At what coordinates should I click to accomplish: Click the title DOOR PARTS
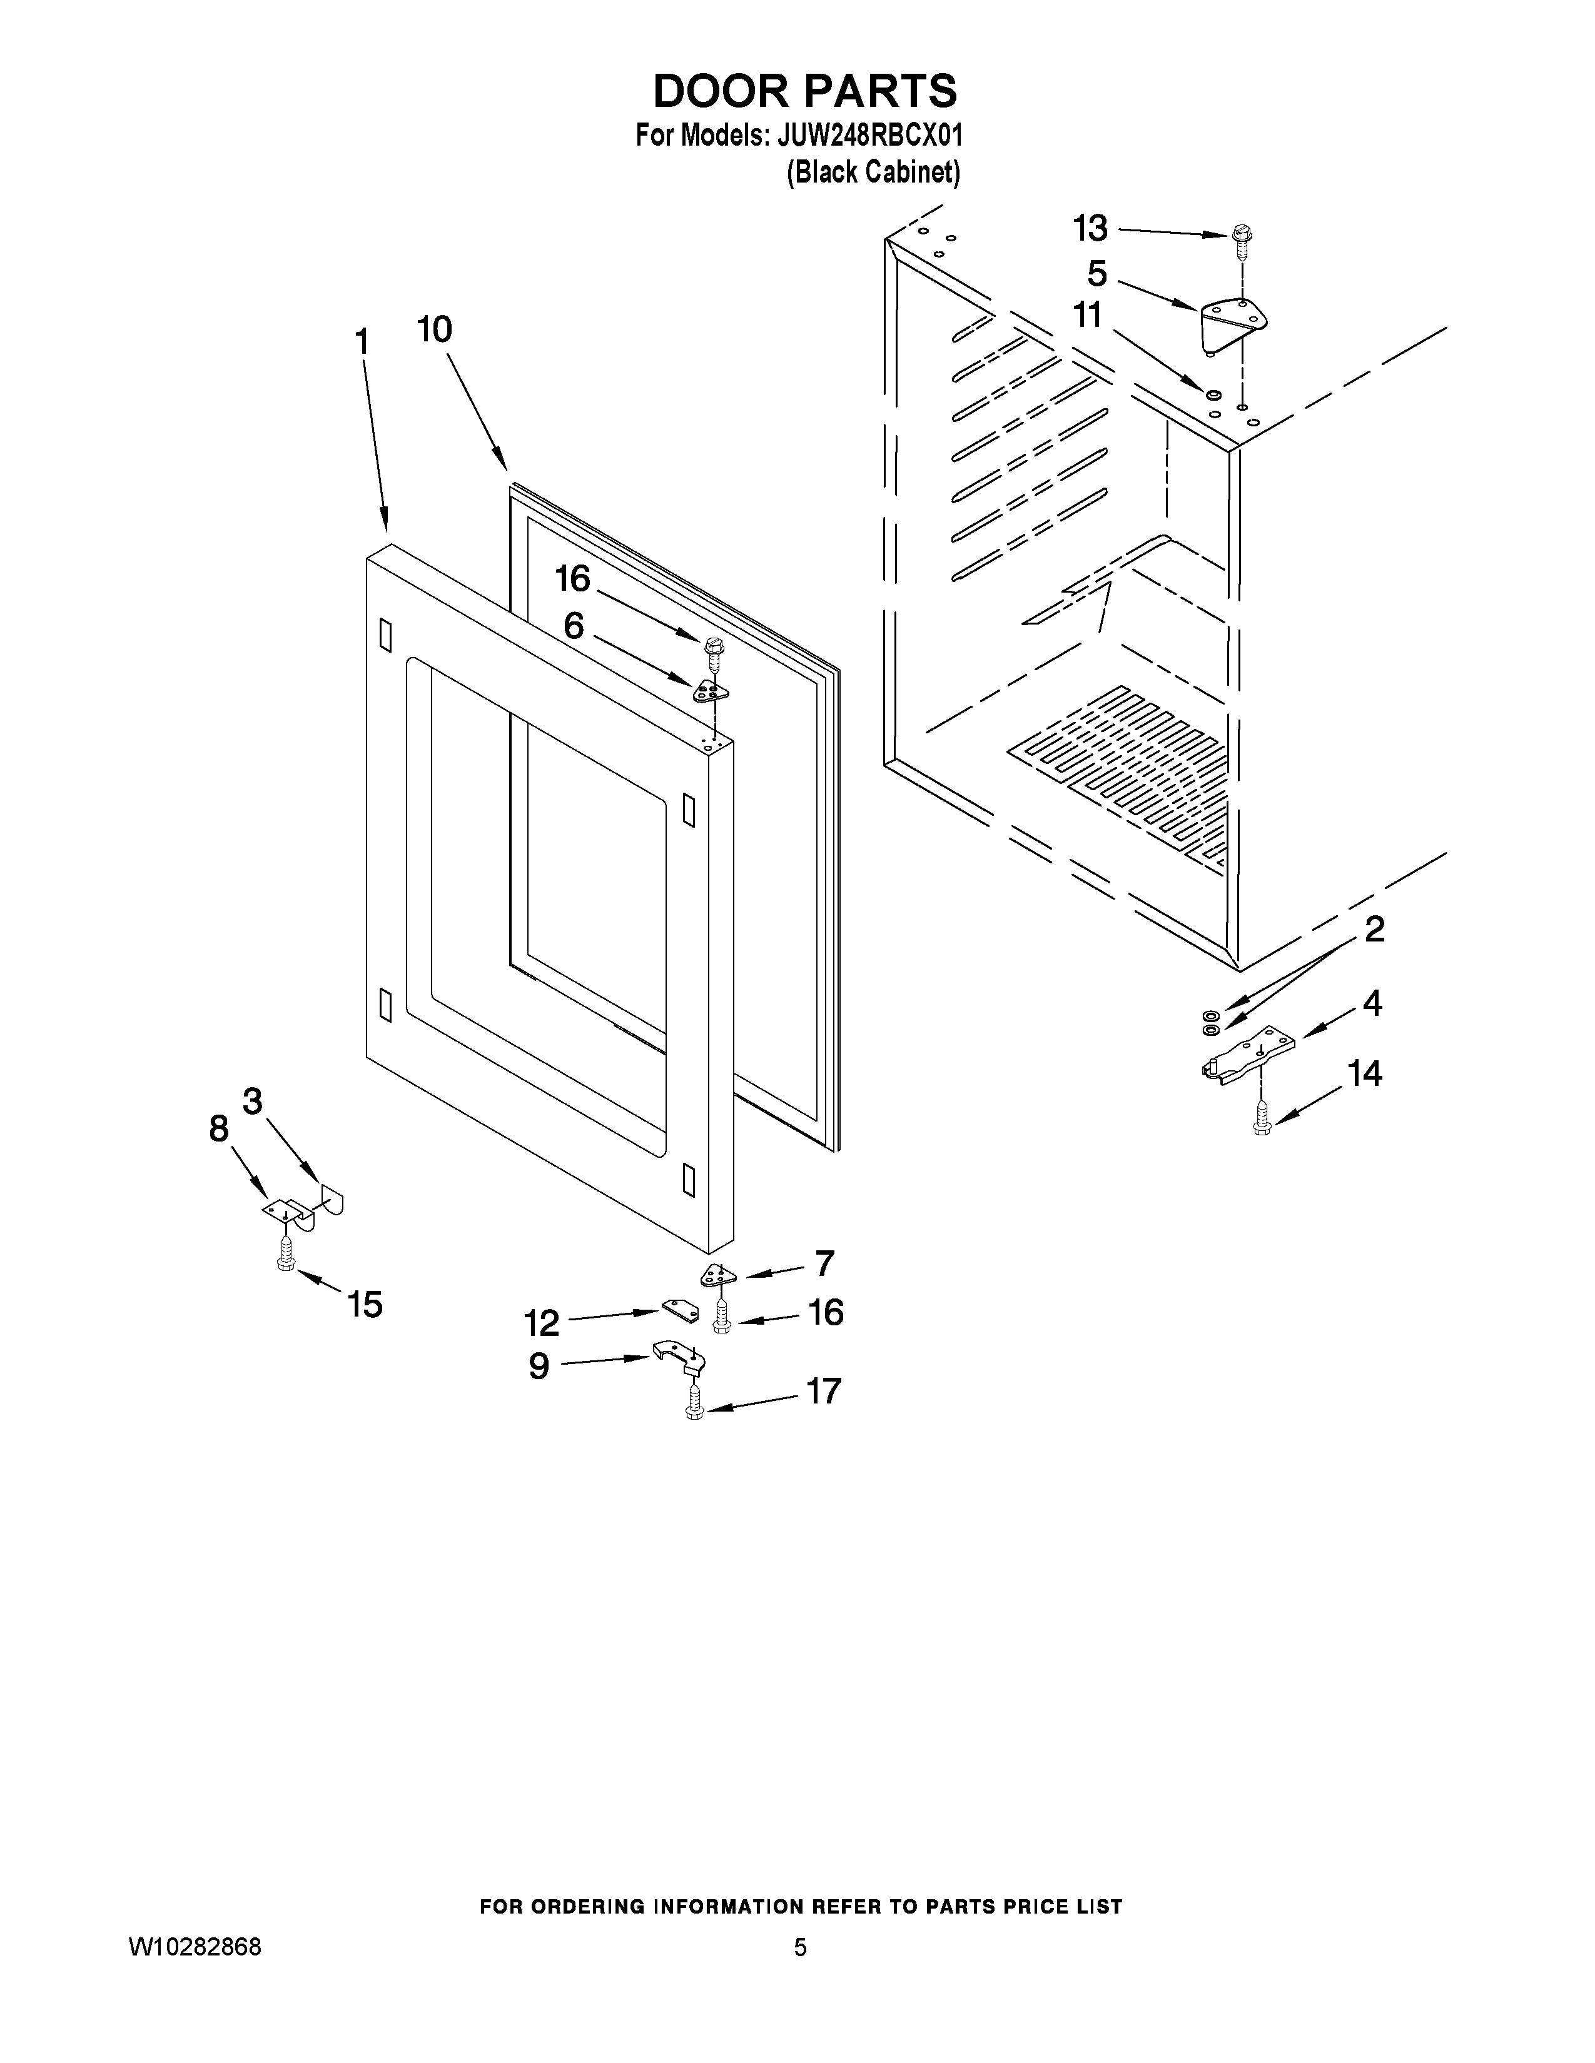pos(805,92)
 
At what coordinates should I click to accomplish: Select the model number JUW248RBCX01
pos(869,136)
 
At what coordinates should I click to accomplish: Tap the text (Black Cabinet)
pos(873,173)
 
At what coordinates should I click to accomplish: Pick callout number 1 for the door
pos(362,342)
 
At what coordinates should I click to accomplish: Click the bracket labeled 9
pos(679,1357)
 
